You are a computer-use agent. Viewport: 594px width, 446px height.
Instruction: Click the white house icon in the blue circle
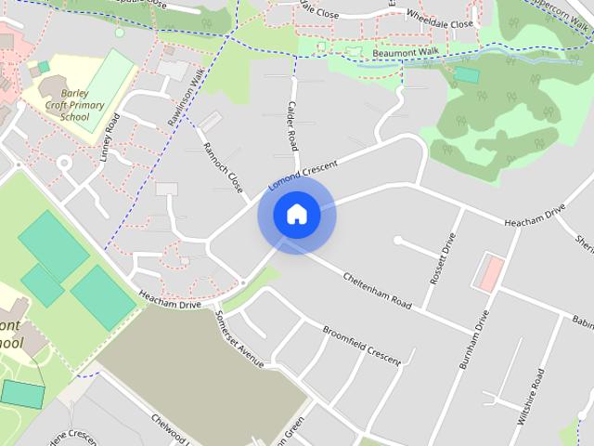(x=296, y=215)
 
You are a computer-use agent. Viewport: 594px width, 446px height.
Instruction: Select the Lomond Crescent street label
(x=303, y=174)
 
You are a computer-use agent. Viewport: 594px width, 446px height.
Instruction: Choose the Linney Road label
(x=111, y=139)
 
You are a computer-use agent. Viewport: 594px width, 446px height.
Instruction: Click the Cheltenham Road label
(x=377, y=290)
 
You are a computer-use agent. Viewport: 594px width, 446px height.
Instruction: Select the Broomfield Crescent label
(x=361, y=344)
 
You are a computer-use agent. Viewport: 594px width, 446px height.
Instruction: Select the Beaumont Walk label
(x=404, y=54)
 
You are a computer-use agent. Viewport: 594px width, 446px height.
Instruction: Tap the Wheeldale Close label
(x=440, y=23)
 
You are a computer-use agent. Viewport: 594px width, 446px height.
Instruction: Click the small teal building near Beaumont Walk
(x=466, y=74)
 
